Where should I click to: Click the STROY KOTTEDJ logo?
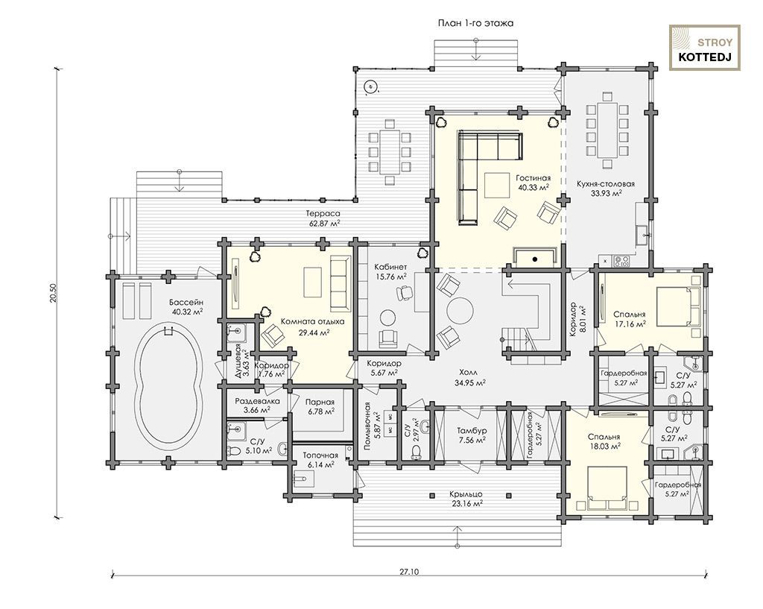pos(705,48)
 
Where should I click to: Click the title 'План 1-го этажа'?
pos(475,23)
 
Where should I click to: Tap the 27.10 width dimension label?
pos(409,572)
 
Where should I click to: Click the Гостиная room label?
pos(534,183)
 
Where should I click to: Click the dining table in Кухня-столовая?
pos(607,130)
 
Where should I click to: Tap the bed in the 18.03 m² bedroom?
pos(607,487)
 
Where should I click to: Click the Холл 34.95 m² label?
pos(471,377)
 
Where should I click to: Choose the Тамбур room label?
pos(471,435)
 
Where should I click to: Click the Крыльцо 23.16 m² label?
pos(466,499)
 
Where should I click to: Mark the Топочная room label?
pos(320,460)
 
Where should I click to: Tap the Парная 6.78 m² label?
pos(320,406)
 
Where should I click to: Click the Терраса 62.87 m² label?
pos(323,218)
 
